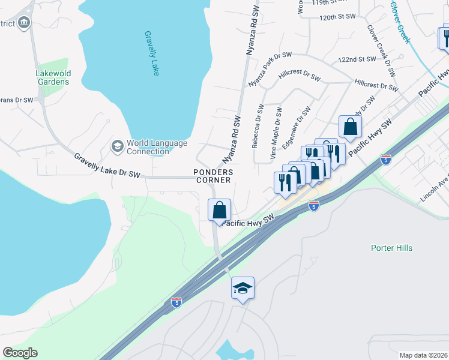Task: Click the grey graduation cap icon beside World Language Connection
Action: coord(117,146)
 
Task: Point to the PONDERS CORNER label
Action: coord(212,176)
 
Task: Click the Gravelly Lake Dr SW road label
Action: coord(107,166)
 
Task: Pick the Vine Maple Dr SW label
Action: coord(276,133)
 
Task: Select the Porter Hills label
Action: coord(391,248)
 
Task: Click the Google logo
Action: coord(20,353)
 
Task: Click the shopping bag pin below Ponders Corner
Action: coord(220,211)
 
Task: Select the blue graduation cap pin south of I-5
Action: coord(243,289)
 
